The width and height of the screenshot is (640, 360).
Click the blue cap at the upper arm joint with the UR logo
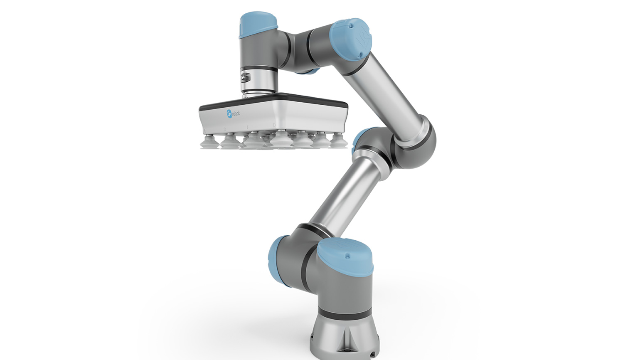point(351,38)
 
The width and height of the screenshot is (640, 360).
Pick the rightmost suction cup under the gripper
point(338,142)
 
